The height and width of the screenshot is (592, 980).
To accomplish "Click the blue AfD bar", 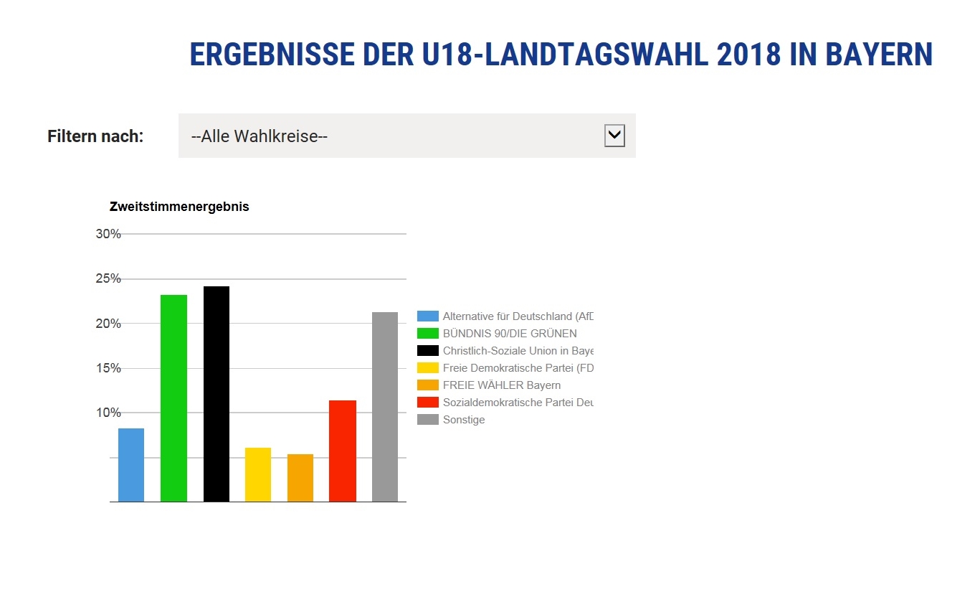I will pos(131,465).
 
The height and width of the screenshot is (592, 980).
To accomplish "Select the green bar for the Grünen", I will pos(173,398).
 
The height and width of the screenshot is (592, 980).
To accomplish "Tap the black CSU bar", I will pos(217,394).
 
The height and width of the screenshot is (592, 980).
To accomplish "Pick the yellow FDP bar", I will pos(258,474).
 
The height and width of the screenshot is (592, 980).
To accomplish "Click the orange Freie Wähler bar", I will pos(300,478).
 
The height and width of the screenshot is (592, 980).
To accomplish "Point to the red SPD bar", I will pos(343,451).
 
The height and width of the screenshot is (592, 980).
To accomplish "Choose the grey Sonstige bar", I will pos(385,407).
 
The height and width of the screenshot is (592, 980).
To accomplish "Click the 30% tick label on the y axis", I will pos(108,234).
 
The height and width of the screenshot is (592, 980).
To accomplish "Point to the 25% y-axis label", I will pos(108,278).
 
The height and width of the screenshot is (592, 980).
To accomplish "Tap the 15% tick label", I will pos(108,368).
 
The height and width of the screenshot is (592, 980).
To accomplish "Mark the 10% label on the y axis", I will pos(108,413).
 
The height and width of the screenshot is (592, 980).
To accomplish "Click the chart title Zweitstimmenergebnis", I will pos(179,207).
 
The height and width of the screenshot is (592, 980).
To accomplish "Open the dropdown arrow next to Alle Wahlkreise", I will pos(614,135).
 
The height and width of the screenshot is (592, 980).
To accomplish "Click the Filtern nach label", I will pos(95,136).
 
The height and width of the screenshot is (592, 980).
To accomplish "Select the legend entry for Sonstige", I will pos(464,420).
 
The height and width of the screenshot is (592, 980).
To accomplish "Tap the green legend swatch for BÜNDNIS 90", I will pos(428,333).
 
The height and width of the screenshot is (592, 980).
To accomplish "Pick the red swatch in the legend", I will pos(428,402).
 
